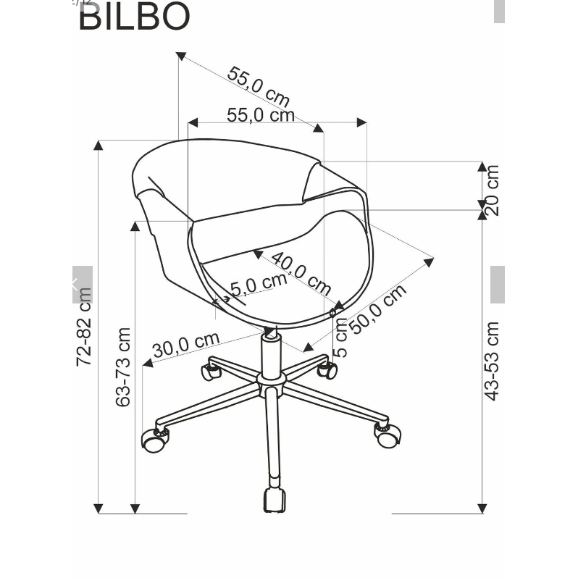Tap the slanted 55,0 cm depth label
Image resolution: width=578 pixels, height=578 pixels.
pyautogui.click(x=258, y=85)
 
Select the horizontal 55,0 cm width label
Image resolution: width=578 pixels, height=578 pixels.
pyautogui.click(x=260, y=114)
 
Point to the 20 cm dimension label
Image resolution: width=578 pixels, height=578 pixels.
pyautogui.click(x=492, y=190)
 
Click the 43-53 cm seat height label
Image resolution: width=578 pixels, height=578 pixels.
pyautogui.click(x=493, y=361)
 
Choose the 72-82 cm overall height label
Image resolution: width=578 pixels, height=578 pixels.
pyautogui.click(x=84, y=326)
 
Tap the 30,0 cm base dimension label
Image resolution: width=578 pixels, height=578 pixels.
pyautogui.click(x=185, y=345)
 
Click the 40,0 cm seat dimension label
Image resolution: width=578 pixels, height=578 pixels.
pyautogui.click(x=301, y=272)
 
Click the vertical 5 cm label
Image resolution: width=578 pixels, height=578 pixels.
pyautogui.click(x=341, y=337)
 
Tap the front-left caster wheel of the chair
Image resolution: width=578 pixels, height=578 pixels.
pyautogui.click(x=154, y=440)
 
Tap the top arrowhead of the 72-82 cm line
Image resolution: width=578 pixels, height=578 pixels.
pyautogui.click(x=99, y=144)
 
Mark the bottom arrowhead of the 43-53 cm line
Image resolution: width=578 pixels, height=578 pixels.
pyautogui.click(x=482, y=508)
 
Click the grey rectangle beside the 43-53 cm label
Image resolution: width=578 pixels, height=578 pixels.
pyautogui.click(x=498, y=284)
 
